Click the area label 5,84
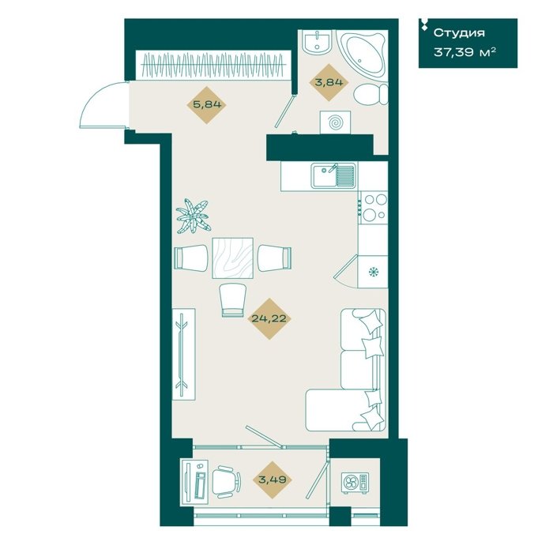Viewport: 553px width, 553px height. point(207,105)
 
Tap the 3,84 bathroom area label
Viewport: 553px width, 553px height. point(329,82)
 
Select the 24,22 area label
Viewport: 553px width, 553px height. point(269,319)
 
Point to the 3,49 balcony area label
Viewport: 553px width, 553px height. point(273,480)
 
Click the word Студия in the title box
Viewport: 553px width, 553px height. point(459,33)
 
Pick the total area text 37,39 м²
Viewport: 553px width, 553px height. point(465,53)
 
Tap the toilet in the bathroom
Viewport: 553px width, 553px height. point(371,94)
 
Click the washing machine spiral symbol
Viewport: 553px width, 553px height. point(335,122)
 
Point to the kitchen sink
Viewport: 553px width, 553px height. point(333,175)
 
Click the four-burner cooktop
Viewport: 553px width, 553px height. point(374,208)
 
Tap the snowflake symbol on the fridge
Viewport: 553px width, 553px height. point(373,272)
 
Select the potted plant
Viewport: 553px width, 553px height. point(193,216)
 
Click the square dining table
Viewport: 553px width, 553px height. point(233,258)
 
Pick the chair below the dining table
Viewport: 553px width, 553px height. point(232,300)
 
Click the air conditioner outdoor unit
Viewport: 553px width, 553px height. point(355,483)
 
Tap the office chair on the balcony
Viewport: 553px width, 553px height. point(227,481)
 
